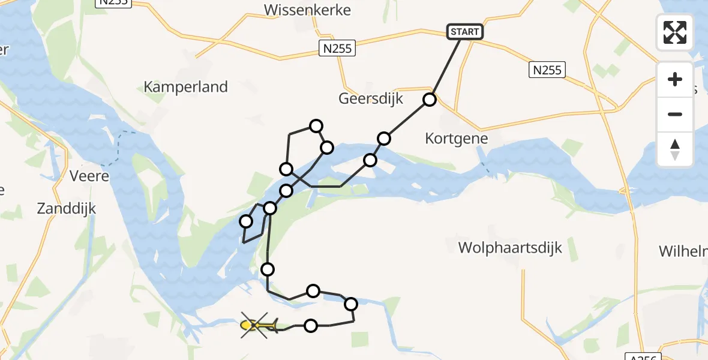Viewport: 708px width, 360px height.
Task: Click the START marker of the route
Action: (x=465, y=32)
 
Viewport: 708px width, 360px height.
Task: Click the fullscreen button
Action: (x=675, y=32)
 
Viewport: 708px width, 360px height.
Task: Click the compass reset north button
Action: (x=675, y=149)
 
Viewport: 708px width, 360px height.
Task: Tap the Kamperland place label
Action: (x=185, y=86)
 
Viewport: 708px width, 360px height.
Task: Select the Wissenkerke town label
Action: (x=307, y=10)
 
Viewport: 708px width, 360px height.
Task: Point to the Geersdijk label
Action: (x=371, y=98)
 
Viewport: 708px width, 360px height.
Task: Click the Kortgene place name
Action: (x=456, y=138)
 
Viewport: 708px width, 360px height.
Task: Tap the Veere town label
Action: (x=89, y=176)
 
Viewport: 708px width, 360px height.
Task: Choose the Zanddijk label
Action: (x=67, y=209)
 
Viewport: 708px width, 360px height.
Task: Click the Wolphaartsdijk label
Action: (x=510, y=247)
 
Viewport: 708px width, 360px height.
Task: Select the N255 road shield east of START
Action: (x=547, y=70)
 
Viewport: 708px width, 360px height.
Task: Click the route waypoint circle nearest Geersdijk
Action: (x=430, y=100)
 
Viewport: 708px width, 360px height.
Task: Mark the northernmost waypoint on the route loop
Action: (x=316, y=126)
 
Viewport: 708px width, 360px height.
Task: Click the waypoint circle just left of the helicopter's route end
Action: (x=311, y=326)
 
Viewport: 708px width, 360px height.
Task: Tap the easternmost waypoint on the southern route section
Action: (x=351, y=304)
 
